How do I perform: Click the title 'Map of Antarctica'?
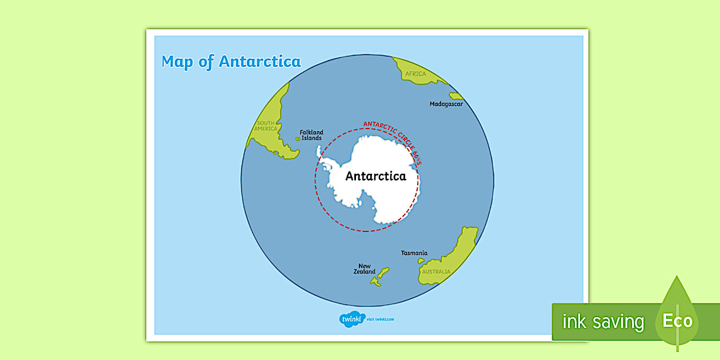(x=231, y=62)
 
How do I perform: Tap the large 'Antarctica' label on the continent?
(x=375, y=176)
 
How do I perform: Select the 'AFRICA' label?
(x=415, y=74)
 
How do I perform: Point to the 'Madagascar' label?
(x=446, y=104)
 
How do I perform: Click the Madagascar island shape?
(x=456, y=96)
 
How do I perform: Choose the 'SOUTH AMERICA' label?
(x=266, y=126)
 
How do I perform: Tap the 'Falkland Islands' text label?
(x=311, y=135)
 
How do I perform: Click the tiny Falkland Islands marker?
(x=298, y=138)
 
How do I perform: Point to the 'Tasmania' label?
(x=414, y=253)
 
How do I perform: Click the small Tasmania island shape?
(x=421, y=261)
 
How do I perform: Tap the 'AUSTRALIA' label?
(x=436, y=272)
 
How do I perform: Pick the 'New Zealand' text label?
(x=365, y=269)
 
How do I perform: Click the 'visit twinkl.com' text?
(x=381, y=319)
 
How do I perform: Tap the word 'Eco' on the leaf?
(x=678, y=321)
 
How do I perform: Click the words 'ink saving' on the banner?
(x=603, y=322)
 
